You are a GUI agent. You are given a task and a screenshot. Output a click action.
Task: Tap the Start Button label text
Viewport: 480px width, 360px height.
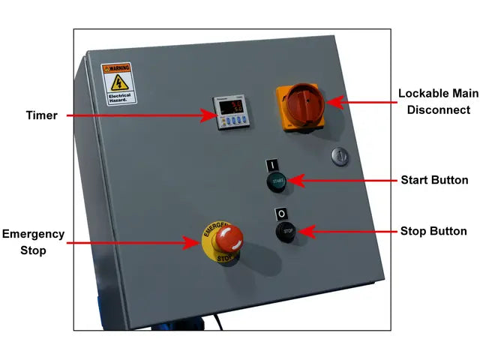tap(434, 180)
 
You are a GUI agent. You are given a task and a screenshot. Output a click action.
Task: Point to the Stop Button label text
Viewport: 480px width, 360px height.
tap(433, 231)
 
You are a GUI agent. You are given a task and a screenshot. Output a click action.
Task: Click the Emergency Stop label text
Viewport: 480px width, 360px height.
tap(34, 242)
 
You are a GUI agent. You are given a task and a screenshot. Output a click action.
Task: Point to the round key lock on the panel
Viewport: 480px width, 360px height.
tap(339, 156)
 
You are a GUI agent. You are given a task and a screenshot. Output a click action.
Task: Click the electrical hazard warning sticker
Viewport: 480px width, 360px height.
tap(117, 82)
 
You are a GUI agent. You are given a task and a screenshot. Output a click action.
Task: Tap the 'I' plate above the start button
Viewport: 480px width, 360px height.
tap(272, 164)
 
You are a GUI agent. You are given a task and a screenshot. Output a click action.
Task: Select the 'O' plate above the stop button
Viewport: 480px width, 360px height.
tap(281, 213)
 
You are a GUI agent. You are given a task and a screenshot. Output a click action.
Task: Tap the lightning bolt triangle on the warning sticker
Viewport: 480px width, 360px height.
tap(117, 82)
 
